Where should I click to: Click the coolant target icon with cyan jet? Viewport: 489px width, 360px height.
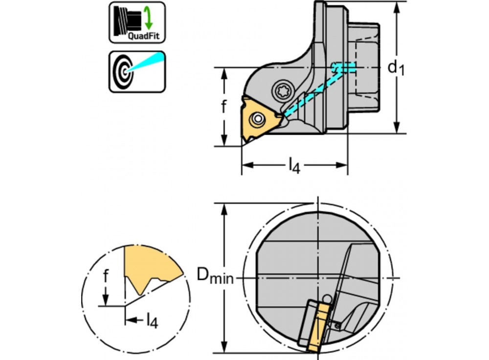137,71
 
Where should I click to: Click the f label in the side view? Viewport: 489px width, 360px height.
223,106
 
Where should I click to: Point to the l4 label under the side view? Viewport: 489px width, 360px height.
293,166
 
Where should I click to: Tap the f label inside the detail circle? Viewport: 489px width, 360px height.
105,277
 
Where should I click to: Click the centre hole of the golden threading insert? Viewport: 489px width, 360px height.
257,119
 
